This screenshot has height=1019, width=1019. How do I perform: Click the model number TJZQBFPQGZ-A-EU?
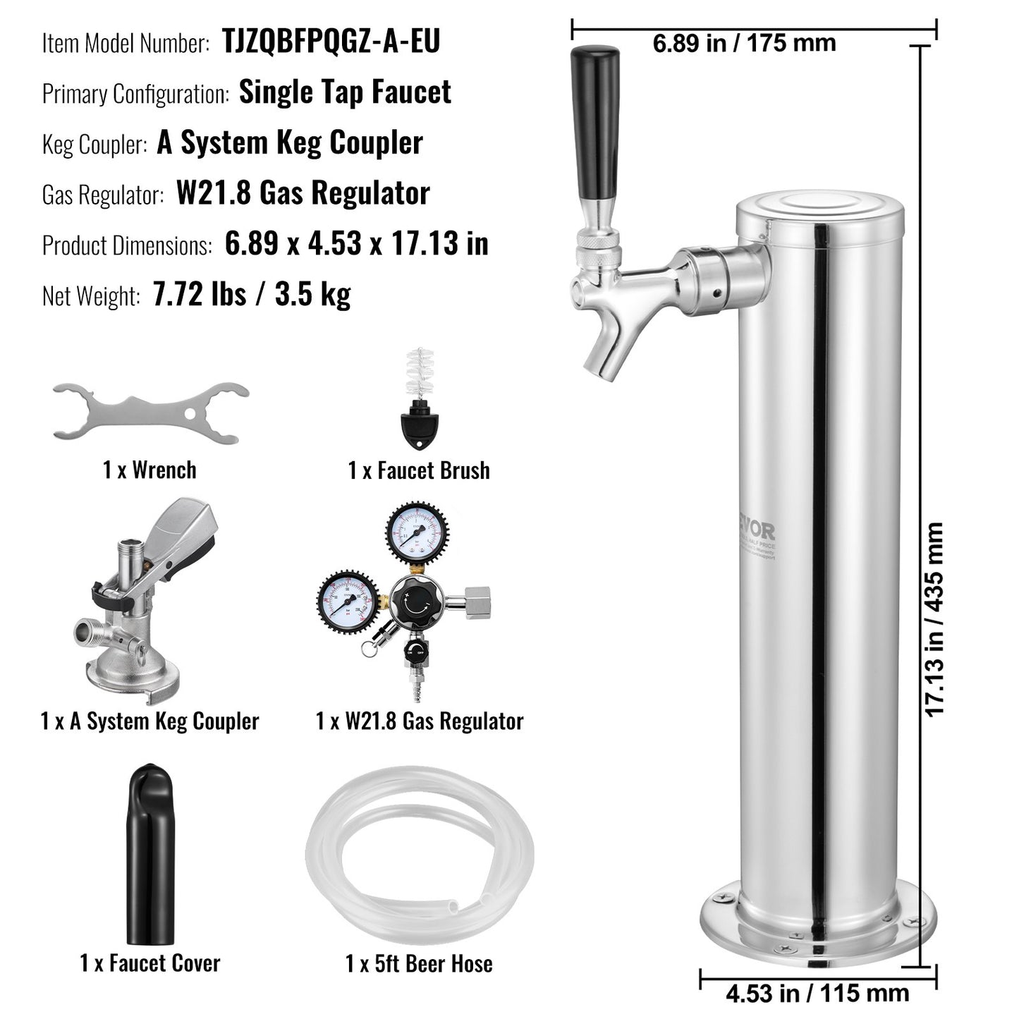click(331, 42)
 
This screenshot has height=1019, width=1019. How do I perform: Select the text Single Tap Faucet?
click(345, 92)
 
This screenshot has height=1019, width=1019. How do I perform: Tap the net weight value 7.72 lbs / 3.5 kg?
click(252, 295)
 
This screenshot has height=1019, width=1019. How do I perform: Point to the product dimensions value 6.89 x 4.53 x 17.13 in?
click(356, 244)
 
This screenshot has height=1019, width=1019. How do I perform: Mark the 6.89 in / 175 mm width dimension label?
click(744, 43)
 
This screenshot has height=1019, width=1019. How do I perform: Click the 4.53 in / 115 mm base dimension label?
click(817, 994)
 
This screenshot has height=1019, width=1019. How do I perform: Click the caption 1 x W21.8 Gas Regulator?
click(420, 721)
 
